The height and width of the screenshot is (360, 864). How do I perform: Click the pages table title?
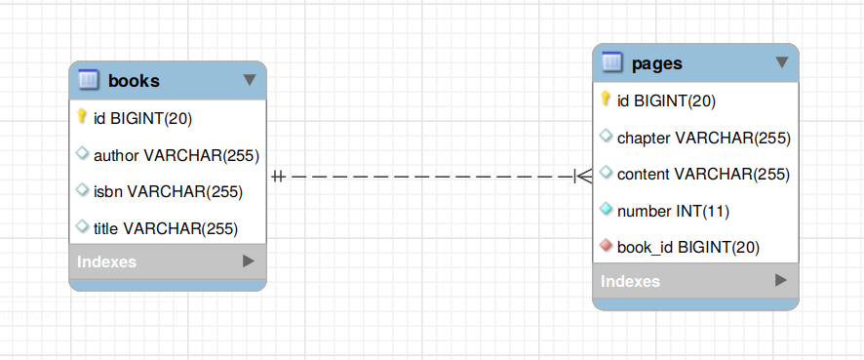[656, 63]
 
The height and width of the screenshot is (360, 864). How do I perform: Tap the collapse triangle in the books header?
[249, 79]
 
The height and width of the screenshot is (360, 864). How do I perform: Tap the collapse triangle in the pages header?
[781, 62]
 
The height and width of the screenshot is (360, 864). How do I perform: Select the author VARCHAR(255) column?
[176, 154]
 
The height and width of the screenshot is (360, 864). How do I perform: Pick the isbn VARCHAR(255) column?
[168, 191]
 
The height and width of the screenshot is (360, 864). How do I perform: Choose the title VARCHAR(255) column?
[165, 228]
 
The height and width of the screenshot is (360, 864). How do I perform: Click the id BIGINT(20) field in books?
[142, 118]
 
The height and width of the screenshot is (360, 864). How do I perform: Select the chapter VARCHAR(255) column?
[703, 138]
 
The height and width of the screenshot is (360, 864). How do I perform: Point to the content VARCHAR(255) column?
[702, 175]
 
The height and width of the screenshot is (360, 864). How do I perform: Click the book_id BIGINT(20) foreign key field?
[687, 248]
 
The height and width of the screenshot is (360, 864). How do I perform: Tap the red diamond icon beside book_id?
[606, 247]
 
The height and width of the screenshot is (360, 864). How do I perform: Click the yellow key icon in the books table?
[83, 117]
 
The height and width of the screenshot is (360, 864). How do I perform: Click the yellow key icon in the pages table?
[606, 100]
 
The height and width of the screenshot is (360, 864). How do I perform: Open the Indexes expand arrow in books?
[249, 261]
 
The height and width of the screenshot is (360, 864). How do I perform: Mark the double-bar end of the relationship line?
[278, 177]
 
